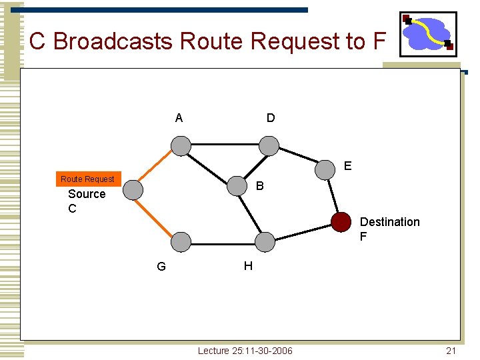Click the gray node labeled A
(x=180, y=145)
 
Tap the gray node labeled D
(x=269, y=145)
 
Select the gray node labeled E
(x=325, y=169)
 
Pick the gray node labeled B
(x=237, y=186)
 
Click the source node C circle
(x=133, y=190)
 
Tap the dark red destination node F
(x=341, y=222)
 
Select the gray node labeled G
(x=180, y=241)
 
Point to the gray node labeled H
(x=265, y=241)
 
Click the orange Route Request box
(x=87, y=179)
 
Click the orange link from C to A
(x=157, y=167)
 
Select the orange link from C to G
(x=157, y=216)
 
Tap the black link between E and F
(x=333, y=195)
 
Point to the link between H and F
(x=303, y=231)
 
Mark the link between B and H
(x=251, y=214)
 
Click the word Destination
(x=389, y=222)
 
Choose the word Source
(x=87, y=194)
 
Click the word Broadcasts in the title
(x=113, y=41)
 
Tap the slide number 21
(x=451, y=351)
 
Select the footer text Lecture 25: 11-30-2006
(x=245, y=351)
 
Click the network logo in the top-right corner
(x=428, y=34)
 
